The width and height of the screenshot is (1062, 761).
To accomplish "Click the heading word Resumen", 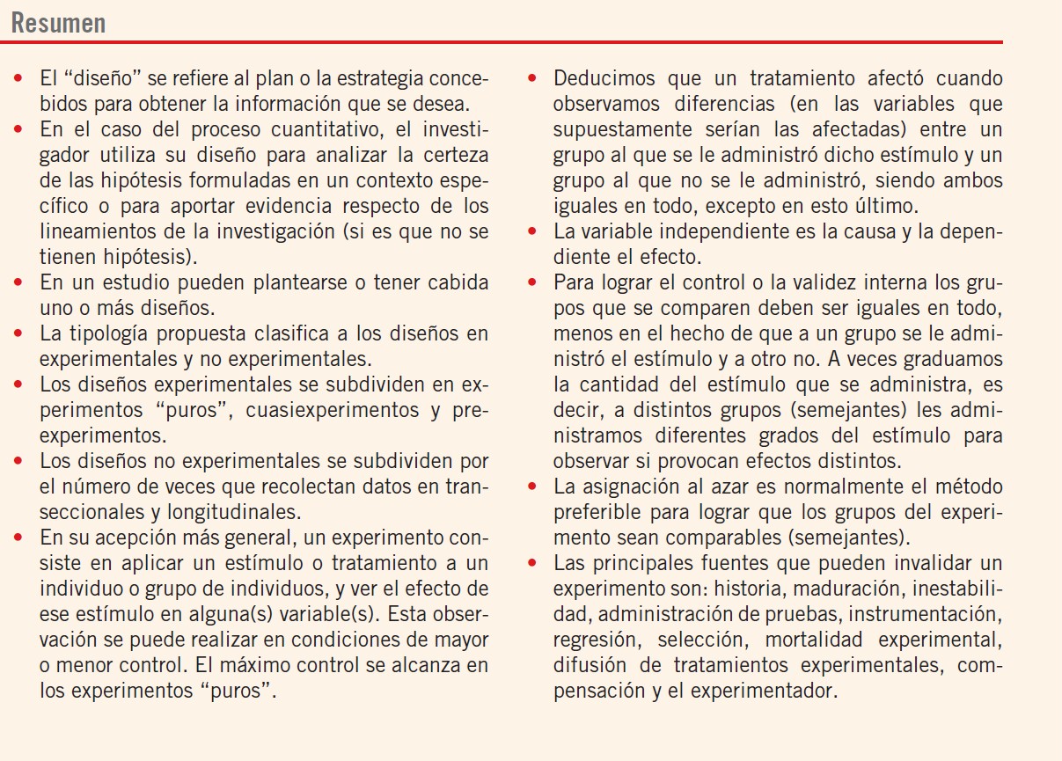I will coord(58,22).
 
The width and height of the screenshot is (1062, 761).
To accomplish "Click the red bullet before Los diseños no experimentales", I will coord(18,461).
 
